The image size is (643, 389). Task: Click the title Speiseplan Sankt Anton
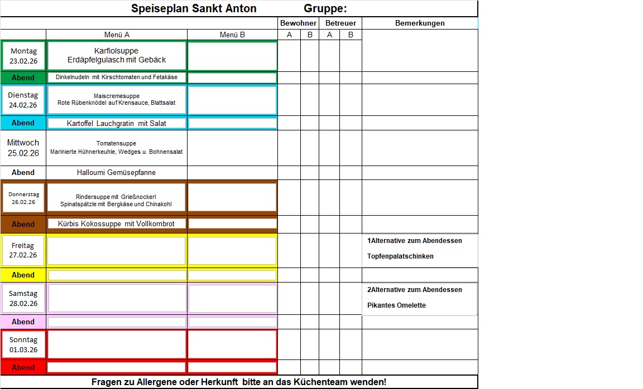[194, 8]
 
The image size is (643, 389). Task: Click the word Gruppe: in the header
[325, 8]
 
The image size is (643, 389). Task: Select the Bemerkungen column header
[420, 23]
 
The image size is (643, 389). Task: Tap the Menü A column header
[117, 35]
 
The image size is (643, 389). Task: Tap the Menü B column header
[232, 35]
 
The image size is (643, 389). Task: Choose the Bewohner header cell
[298, 23]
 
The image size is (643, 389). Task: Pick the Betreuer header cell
[340, 23]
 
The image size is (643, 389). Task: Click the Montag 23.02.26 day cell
[23, 56]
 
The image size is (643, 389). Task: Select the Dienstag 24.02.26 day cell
[23, 100]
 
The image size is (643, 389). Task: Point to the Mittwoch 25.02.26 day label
[23, 148]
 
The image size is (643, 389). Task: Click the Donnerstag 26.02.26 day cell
[23, 198]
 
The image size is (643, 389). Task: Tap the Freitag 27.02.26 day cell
[23, 250]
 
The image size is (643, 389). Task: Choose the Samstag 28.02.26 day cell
[23, 298]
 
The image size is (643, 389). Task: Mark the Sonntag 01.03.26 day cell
[23, 344]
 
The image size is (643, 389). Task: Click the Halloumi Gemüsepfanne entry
[116, 173]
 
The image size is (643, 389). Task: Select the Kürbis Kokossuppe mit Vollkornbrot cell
[116, 223]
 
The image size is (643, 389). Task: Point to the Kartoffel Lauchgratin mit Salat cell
[116, 123]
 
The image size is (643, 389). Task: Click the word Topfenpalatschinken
[400, 256]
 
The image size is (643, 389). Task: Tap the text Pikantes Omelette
[396, 305]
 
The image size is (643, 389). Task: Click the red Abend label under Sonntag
[23, 368]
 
